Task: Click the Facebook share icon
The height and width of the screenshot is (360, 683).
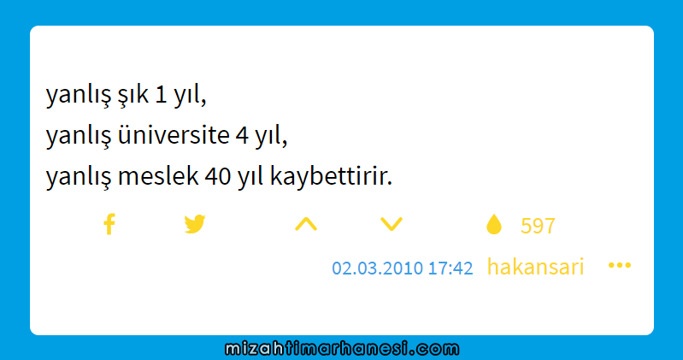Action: (109, 224)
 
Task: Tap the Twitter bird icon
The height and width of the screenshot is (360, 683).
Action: (195, 224)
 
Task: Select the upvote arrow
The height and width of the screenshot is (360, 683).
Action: (306, 223)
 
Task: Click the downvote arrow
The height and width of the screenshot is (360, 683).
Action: (392, 224)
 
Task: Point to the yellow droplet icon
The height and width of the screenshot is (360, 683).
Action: (494, 224)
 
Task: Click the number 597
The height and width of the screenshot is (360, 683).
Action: (538, 226)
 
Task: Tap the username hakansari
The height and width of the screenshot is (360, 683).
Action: (535, 267)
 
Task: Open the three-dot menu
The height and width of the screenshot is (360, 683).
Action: (620, 265)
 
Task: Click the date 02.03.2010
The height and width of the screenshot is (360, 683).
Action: (377, 268)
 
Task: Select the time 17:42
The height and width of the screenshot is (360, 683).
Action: (450, 268)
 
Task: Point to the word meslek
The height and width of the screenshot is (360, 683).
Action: (158, 176)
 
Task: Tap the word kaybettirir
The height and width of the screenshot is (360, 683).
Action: (331, 177)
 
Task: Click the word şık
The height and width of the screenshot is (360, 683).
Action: (132, 95)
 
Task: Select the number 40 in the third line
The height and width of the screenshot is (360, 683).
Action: (218, 176)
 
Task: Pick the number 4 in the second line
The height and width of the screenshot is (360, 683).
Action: (242, 136)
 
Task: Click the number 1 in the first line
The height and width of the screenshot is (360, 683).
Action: (161, 94)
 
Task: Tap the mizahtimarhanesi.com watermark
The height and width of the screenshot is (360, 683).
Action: (342, 349)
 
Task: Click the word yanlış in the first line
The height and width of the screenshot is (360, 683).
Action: (79, 96)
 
